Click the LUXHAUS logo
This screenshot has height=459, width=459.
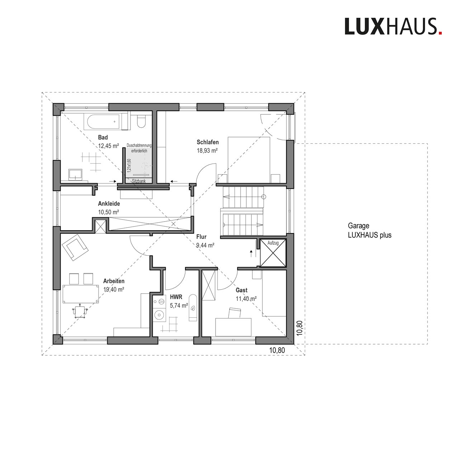point(393,27)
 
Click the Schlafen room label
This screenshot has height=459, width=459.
point(208,142)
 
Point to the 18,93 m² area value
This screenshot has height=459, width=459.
point(207,151)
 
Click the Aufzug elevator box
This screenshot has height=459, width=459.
point(273,253)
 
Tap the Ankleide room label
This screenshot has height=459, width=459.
point(109,204)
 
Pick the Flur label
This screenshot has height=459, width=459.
point(201,237)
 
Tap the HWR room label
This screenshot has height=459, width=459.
point(176,297)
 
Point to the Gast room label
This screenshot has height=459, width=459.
point(242,290)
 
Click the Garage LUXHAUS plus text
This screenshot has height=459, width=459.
point(370,230)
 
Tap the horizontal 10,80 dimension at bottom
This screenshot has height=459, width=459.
point(277,350)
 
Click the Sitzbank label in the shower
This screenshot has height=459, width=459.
point(139,181)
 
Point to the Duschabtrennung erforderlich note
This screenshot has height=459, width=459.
point(139,148)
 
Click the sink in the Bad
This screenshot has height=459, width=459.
point(75,174)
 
